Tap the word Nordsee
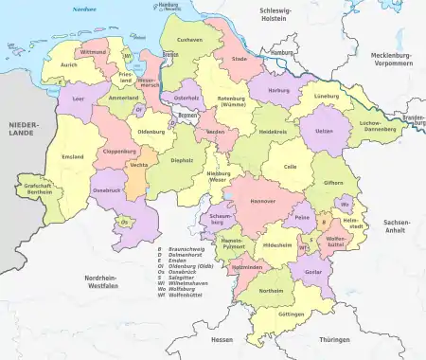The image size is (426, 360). click(x=86, y=9)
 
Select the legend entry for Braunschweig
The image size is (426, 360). click(x=183, y=249)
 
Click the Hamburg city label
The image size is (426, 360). click(x=281, y=52)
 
